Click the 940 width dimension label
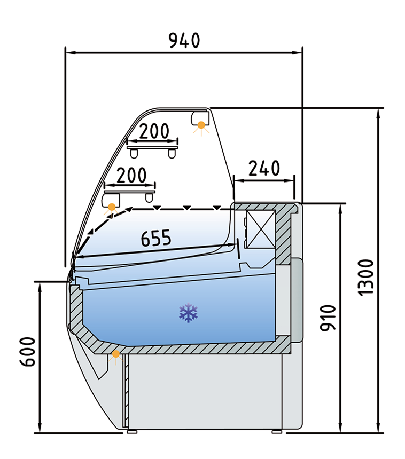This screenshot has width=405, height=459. tap(185, 40)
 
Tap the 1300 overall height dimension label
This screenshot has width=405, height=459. tap(367, 277)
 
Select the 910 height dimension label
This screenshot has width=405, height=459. tap(328, 318)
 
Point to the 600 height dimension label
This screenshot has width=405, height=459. tap(28, 352)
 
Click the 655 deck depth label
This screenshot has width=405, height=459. tap(156, 238)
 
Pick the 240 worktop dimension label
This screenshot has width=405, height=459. tap(264, 168)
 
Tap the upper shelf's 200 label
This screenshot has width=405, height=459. tap(154, 131)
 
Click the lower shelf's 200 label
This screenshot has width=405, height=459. tap(131, 175)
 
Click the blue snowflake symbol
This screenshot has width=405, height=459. tap(188, 313)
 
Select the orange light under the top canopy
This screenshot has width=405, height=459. tap(201, 125)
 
